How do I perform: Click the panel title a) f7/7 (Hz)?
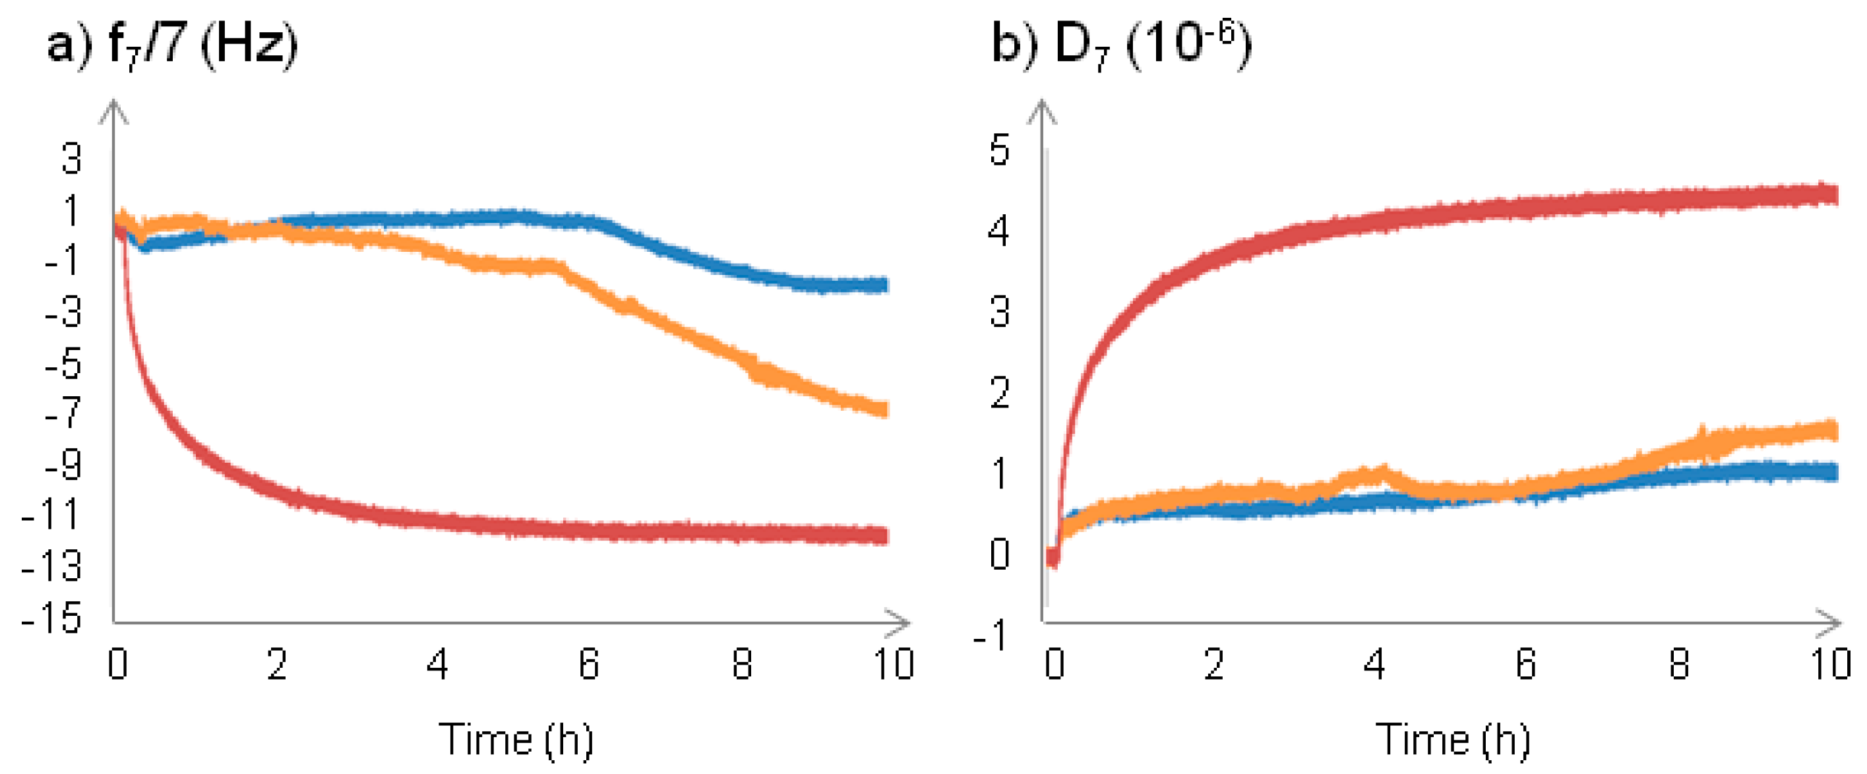(x=173, y=45)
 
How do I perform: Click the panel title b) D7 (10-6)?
(x=1120, y=45)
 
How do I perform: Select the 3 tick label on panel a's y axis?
(x=71, y=159)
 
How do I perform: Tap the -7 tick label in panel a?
(x=63, y=413)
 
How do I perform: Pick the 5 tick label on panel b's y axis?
(x=1000, y=151)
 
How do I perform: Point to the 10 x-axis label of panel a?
(x=893, y=664)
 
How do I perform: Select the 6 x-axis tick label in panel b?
(x=1525, y=664)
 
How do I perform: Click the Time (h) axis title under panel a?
(x=516, y=740)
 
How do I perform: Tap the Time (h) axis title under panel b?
(x=1452, y=740)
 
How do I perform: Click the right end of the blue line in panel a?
(x=884, y=285)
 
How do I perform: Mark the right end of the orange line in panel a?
(x=884, y=409)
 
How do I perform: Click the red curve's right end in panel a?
(x=884, y=535)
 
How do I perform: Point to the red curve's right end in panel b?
(x=1833, y=194)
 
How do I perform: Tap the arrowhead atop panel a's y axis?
(x=113, y=110)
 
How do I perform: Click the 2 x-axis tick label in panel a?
(x=277, y=664)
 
